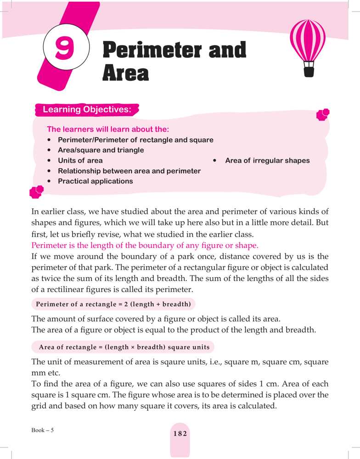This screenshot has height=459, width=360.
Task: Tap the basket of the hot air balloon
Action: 308,71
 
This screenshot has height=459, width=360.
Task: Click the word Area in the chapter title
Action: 125,73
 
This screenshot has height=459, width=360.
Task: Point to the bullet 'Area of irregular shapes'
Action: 267,161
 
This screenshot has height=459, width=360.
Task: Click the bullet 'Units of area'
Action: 80,161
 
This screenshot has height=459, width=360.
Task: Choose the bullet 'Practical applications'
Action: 95,181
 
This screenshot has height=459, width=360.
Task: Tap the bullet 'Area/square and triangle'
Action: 101,150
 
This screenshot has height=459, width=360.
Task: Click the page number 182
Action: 180,434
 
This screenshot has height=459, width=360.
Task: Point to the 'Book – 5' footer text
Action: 43,430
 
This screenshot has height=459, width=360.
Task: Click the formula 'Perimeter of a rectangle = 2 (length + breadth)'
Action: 113,304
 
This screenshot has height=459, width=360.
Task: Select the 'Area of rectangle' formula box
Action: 124,347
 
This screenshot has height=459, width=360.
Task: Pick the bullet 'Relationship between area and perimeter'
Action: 129,171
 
